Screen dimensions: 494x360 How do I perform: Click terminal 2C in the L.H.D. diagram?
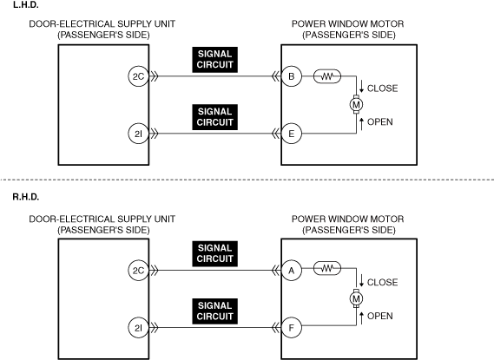click(138, 76)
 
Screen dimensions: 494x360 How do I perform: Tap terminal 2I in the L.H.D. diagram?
click(138, 134)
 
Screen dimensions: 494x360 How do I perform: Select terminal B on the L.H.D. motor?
click(292, 76)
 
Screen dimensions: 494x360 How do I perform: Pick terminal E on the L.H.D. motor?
click(292, 134)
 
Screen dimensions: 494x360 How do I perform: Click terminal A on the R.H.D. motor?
click(292, 271)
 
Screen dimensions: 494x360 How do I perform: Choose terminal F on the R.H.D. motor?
click(292, 328)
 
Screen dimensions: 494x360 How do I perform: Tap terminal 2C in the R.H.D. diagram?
click(138, 271)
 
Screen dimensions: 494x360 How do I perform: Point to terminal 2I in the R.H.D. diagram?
click(138, 328)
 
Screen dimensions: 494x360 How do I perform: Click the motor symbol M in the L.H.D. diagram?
click(356, 104)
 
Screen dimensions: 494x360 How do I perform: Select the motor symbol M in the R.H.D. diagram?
click(356, 298)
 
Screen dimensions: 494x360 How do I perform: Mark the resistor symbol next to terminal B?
click(327, 76)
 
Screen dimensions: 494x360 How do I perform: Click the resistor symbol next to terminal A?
click(327, 268)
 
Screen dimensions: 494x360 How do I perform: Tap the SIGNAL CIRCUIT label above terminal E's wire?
click(214, 117)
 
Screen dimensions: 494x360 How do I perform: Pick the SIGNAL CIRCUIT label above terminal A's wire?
click(214, 253)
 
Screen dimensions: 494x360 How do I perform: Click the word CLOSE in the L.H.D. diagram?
click(383, 88)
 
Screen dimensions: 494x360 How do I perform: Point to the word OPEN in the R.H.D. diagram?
click(380, 316)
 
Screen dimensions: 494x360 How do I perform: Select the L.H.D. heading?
click(26, 4)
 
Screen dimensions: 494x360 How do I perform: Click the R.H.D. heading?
click(26, 197)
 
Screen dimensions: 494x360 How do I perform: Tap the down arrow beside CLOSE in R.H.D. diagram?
click(362, 280)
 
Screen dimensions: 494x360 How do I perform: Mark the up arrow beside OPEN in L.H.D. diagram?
click(362, 124)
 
